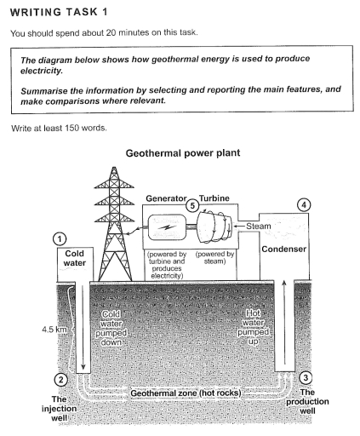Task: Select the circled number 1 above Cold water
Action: click(59, 240)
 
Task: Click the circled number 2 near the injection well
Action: click(60, 379)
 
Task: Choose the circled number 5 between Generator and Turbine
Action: click(193, 207)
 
